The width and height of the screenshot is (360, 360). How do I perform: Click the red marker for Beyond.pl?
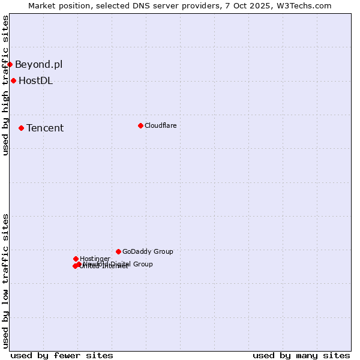tap(10, 64)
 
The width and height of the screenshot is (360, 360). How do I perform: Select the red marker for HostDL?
tap(13, 80)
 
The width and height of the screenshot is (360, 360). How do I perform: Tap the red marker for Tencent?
tap(21, 128)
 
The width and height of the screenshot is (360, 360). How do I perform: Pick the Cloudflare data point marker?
tap(140, 125)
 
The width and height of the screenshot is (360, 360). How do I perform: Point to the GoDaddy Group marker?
tap(118, 251)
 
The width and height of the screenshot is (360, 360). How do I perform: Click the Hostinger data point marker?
tap(76, 259)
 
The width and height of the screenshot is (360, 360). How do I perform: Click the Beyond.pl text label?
tap(38, 64)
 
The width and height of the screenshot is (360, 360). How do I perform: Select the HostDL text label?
tap(35, 80)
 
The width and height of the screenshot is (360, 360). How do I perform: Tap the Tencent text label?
tap(45, 128)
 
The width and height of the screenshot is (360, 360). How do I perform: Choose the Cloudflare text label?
tap(160, 125)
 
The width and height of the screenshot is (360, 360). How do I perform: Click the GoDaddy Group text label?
tap(148, 251)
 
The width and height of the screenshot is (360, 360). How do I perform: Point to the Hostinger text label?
tap(95, 259)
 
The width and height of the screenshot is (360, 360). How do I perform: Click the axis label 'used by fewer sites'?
tap(62, 355)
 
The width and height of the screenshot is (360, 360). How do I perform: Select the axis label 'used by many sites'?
tap(301, 355)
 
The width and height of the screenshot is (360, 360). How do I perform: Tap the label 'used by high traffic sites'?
tap(5, 85)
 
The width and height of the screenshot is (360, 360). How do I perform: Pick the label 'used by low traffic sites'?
tap(5, 281)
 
